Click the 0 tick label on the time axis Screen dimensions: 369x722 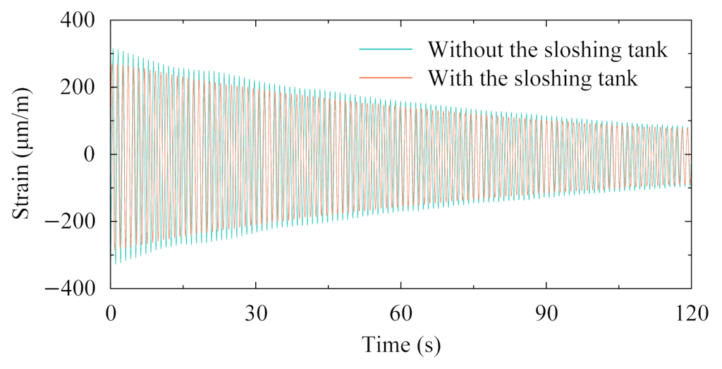(x=111, y=312)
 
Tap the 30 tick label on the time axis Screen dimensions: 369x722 (x=255, y=312)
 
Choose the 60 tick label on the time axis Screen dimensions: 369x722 (x=400, y=312)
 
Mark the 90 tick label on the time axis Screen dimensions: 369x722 (x=546, y=312)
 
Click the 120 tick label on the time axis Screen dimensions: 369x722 (x=690, y=312)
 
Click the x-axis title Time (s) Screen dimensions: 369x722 (x=401, y=344)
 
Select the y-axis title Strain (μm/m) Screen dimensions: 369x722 (x=23, y=153)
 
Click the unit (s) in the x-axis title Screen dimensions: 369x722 (x=427, y=344)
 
